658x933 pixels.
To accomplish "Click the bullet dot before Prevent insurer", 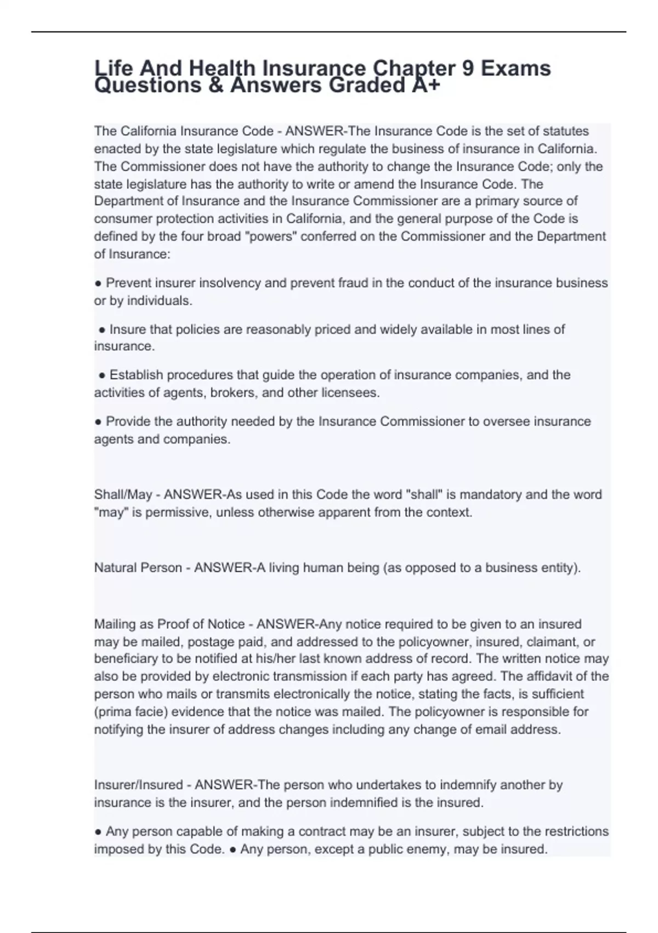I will click(98, 284).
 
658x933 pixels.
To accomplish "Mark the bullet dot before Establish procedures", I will click(102, 376).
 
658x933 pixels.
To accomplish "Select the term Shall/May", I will click(123, 494).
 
